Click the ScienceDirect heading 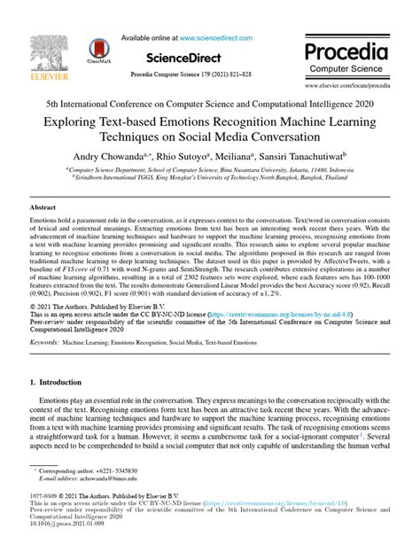[209, 54]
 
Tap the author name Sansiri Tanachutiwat [304, 153]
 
